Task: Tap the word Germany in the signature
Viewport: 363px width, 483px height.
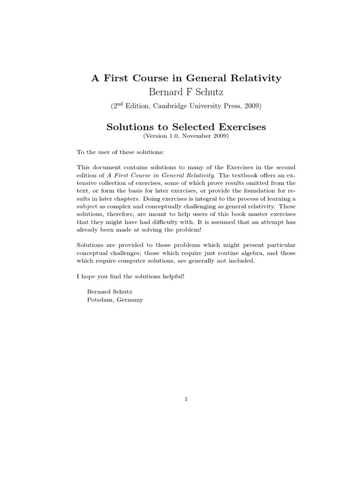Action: (127, 299)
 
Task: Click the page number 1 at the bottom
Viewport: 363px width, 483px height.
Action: (186, 400)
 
